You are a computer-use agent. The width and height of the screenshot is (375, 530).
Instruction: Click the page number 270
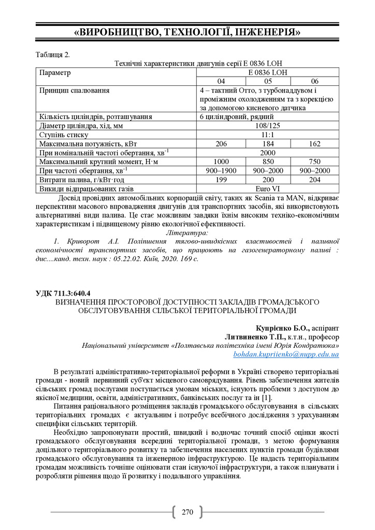pyautogui.click(x=187, y=512)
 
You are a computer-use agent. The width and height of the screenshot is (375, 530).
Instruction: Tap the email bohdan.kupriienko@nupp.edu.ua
pyautogui.click(x=286, y=355)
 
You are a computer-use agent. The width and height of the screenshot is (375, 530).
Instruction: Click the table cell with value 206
pyautogui.click(x=221, y=143)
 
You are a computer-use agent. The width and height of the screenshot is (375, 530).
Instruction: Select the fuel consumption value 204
pyautogui.click(x=315, y=179)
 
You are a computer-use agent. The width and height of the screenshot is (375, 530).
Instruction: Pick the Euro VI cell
pyautogui.click(x=268, y=188)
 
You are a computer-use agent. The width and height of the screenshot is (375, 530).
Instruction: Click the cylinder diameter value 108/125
pyautogui.click(x=268, y=126)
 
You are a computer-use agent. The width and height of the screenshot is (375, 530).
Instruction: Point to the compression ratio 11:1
pyautogui.click(x=268, y=135)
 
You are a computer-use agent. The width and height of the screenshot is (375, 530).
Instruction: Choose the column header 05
pyautogui.click(x=268, y=81)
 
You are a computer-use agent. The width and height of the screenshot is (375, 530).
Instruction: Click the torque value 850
pyautogui.click(x=268, y=161)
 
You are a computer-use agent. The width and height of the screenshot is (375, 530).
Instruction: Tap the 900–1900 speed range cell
pyautogui.click(x=221, y=170)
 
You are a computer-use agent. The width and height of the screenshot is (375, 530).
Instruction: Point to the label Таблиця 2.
pyautogui.click(x=52, y=54)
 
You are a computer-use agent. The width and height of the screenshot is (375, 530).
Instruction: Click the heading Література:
pyautogui.click(x=187, y=233)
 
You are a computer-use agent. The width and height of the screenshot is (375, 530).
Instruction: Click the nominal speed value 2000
pyautogui.click(x=268, y=153)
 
